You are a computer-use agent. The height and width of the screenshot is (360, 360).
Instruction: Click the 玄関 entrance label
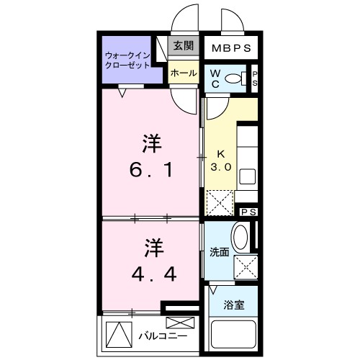pyautogui.click(x=183, y=46)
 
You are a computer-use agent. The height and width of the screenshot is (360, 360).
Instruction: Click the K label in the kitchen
pyautogui.click(x=221, y=153)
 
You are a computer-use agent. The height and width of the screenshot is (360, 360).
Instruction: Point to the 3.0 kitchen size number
pyautogui.click(x=220, y=167)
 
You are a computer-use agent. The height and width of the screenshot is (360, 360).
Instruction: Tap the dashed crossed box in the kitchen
pyautogui.click(x=220, y=201)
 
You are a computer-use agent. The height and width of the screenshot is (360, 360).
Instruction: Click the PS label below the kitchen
pyautogui.click(x=249, y=212)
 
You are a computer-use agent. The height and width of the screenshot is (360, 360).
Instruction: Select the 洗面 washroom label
pyautogui.click(x=219, y=253)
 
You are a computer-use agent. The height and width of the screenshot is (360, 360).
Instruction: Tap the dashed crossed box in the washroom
pyautogui.click(x=246, y=268)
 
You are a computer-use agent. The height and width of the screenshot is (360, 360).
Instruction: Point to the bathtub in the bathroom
pyautogui.click(x=233, y=336)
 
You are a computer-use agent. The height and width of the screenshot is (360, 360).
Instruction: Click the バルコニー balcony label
pyautogui.click(x=162, y=336)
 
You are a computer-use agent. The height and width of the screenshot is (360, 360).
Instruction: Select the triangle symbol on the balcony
pyautogui.click(x=115, y=335)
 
